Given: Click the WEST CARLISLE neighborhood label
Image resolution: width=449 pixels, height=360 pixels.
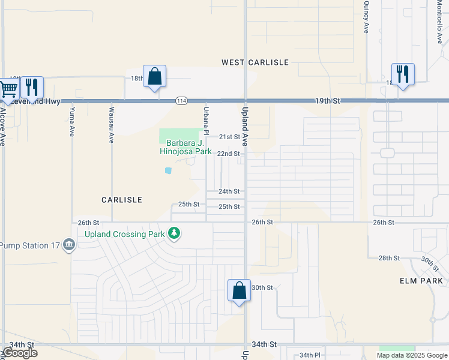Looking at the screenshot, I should (255, 62).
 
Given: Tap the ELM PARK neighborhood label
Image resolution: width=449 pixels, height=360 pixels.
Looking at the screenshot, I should (421, 281).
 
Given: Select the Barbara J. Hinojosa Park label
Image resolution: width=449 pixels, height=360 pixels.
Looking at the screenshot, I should (185, 148).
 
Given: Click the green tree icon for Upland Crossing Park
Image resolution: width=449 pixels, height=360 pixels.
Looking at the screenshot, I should (174, 232).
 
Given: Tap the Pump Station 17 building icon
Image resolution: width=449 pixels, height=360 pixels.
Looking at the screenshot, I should (69, 245).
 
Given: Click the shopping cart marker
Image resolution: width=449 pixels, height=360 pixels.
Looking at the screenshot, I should (8, 89).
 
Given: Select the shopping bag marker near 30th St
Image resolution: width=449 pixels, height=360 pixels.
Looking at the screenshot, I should (239, 291).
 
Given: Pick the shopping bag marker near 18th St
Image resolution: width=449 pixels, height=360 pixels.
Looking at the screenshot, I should (154, 77).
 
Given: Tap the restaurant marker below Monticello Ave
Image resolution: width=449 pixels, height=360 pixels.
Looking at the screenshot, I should (402, 74).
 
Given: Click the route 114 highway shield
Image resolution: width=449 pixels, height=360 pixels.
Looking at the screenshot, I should (180, 101).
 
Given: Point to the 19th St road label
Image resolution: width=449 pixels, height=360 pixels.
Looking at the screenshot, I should (327, 101).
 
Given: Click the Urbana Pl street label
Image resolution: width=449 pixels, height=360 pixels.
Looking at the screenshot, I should (205, 119).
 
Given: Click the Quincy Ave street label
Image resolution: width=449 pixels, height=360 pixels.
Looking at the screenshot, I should (366, 16).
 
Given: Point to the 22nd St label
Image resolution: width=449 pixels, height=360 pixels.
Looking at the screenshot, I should (229, 154).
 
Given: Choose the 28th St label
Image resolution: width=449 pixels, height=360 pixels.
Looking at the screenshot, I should (389, 258).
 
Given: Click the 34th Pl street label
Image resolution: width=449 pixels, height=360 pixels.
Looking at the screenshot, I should (310, 355).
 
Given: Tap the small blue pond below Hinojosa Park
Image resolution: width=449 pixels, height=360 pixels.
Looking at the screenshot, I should (168, 171).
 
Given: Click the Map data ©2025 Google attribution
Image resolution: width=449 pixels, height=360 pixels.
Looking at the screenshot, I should (412, 355).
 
